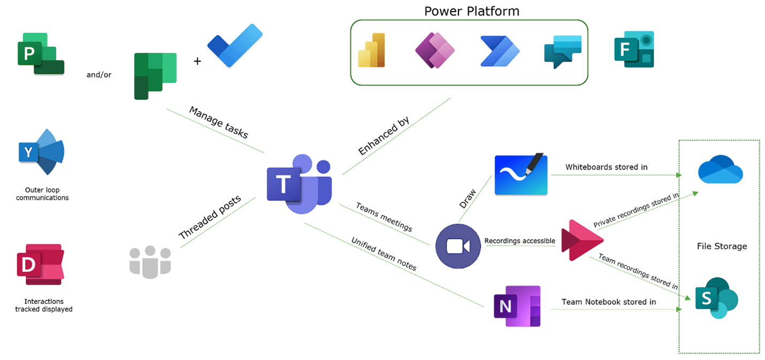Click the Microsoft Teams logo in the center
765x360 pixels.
tap(299, 185)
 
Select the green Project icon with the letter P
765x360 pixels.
tap(41, 53)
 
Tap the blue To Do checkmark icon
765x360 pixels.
tap(235, 45)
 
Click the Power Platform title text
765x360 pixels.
tap(472, 11)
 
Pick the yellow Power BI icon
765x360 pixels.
tap(371, 50)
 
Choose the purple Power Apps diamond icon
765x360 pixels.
tap(435, 51)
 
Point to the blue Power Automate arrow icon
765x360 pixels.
tap(500, 51)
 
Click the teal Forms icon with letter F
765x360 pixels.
tap(634, 49)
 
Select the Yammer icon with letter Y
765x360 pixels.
tap(41, 152)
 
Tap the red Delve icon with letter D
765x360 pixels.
tap(41, 264)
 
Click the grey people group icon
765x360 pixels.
tap(150, 262)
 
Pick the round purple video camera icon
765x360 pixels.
tap(458, 246)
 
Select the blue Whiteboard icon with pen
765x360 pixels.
tap(521, 174)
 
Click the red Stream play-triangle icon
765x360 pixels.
tap(582, 240)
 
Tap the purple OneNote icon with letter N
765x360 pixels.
tap(517, 306)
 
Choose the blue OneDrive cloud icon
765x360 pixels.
tap(720, 170)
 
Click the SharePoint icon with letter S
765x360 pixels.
tap(716, 298)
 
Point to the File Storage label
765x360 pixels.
tap(722, 246)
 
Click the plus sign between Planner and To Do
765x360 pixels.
tap(197, 61)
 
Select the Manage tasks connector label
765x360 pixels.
tap(219, 122)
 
